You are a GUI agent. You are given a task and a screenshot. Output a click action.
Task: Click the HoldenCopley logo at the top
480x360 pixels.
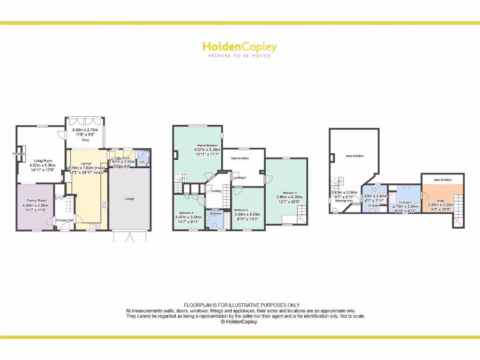coord(240,47)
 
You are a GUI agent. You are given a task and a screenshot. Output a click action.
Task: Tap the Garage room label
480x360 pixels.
coord(129,199)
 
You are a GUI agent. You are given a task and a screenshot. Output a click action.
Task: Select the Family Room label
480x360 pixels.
coord(36,201)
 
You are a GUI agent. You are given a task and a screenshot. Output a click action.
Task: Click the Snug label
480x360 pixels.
coord(85,140)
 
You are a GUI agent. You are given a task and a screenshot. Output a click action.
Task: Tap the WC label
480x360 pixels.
coord(143,162)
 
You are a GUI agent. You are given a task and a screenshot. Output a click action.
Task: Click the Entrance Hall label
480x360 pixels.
coord(65,220)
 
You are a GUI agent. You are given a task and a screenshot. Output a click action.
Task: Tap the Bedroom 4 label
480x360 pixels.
coord(241,210)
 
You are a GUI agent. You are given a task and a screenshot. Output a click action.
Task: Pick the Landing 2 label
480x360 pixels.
coord(240,178)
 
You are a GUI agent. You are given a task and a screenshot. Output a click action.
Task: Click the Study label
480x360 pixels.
coord(440,200)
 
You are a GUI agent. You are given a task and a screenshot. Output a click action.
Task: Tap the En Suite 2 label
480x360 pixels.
coord(405,202)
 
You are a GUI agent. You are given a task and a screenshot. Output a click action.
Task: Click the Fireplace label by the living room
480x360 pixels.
coord(19,153)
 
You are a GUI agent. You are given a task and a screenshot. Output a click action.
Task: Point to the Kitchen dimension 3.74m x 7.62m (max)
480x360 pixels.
coord(86,168)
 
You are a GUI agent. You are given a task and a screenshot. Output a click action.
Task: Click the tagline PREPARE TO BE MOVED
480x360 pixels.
coord(240,56)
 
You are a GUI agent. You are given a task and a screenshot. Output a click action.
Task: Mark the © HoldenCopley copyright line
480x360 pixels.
coord(240,322)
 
